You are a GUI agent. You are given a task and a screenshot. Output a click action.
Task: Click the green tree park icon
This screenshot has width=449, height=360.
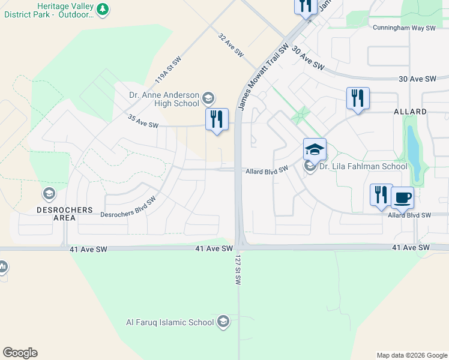click(103, 9)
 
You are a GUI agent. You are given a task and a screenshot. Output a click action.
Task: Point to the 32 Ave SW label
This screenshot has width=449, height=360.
click(231, 45)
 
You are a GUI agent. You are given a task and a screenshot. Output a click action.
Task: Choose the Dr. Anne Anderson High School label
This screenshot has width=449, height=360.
click(164, 99)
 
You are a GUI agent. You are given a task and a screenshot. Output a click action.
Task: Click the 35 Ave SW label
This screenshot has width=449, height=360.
click(143, 122)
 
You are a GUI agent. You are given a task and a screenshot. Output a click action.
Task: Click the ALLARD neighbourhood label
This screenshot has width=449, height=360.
click(410, 112)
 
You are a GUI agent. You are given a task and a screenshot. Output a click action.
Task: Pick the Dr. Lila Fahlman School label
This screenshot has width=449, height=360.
click(363, 167)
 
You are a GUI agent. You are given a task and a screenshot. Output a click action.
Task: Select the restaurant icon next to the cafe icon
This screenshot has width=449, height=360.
click(381, 194)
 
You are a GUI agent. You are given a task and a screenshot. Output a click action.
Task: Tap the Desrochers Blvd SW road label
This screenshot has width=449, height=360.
click(128, 207)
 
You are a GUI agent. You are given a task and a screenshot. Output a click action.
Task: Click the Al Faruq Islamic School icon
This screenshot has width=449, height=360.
click(223, 322)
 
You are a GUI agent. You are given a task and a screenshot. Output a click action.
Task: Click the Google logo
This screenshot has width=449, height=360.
click(20, 353)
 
